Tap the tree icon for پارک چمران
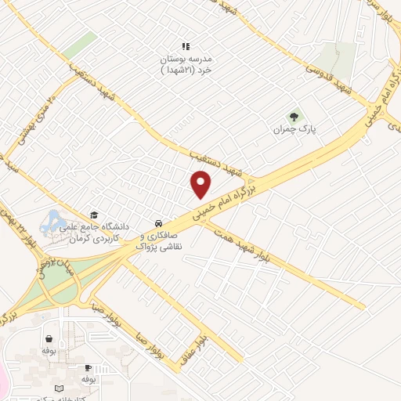[x=294, y=117]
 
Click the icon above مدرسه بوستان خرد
[x=186, y=46]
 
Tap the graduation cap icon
[x=94, y=215]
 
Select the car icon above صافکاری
[x=159, y=222]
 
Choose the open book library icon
[x=60, y=388]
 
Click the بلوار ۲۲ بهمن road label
[x=19, y=228]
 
